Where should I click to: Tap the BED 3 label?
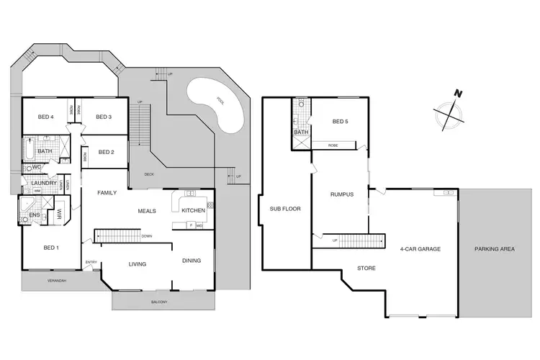(x=104, y=117)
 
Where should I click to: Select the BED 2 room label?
(x=106, y=152)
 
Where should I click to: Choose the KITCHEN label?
(x=192, y=210)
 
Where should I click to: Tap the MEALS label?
(x=148, y=211)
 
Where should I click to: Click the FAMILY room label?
(x=107, y=193)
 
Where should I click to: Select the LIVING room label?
(x=138, y=264)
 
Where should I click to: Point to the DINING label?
(x=192, y=261)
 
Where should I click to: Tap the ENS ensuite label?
(x=33, y=215)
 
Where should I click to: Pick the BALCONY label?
(x=158, y=302)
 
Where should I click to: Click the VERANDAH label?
(x=56, y=280)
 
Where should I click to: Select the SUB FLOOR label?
(x=284, y=209)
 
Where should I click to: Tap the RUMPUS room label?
(x=341, y=194)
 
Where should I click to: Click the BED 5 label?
(x=341, y=122)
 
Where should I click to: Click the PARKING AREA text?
(x=494, y=249)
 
